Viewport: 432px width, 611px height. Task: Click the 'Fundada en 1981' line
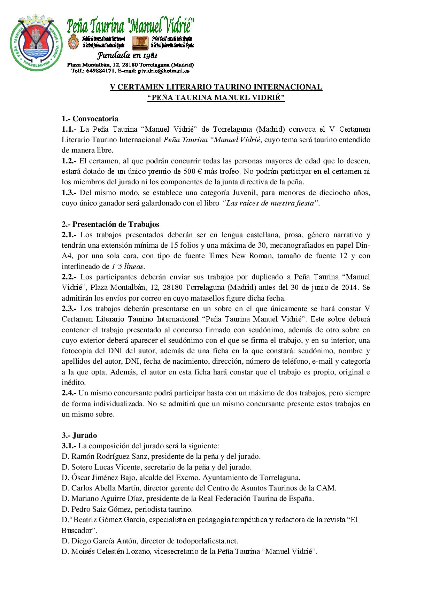point(127,56)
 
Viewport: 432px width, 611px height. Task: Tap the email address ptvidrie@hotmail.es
point(164,71)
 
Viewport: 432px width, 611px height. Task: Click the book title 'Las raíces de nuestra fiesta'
point(270,203)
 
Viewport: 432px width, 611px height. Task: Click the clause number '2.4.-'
point(69,393)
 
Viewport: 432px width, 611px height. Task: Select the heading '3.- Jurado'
point(79,435)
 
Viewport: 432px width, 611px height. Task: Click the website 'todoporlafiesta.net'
point(207,541)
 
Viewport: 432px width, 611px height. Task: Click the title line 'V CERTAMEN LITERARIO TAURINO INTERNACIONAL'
point(216,87)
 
